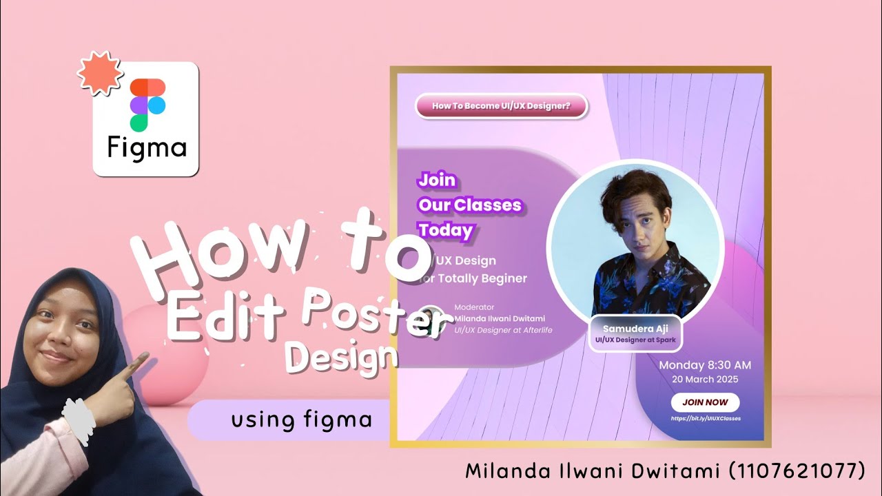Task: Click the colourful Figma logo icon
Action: coord(147,104)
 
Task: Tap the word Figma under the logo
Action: coord(147,147)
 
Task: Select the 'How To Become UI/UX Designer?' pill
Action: coord(501,106)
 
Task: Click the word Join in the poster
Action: coord(437,180)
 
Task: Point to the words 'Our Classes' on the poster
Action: coord(469,205)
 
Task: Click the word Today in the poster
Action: coord(445,230)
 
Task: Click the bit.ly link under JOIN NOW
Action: coord(705,418)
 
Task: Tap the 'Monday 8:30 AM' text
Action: coord(705,365)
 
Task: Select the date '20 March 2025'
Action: coord(705,380)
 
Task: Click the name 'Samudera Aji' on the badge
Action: coord(635,329)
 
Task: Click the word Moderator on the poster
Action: coord(474,307)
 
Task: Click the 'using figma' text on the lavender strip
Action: coord(302,419)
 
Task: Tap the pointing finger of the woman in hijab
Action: coord(141,360)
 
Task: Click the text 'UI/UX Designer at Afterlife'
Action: coord(503,330)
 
